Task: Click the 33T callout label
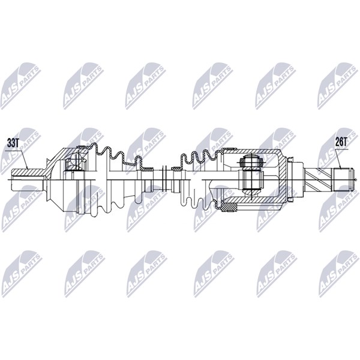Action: pos(13,143)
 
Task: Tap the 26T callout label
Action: pos(341,142)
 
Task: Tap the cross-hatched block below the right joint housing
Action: pos(229,208)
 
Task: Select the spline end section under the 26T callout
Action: pos(343,180)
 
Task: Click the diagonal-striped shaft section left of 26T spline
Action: pos(319,180)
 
